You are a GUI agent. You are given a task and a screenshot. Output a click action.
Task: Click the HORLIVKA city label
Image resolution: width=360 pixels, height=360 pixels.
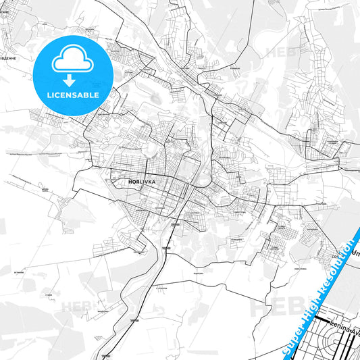click(x=142, y=181)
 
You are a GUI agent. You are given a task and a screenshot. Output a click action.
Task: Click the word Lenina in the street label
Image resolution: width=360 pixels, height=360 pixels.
click(x=338, y=323)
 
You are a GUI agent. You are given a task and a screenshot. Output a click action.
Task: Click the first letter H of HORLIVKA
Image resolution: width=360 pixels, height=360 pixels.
click(x=130, y=181)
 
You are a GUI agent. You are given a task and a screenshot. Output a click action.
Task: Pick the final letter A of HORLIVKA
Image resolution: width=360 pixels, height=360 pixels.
click(x=154, y=181)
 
